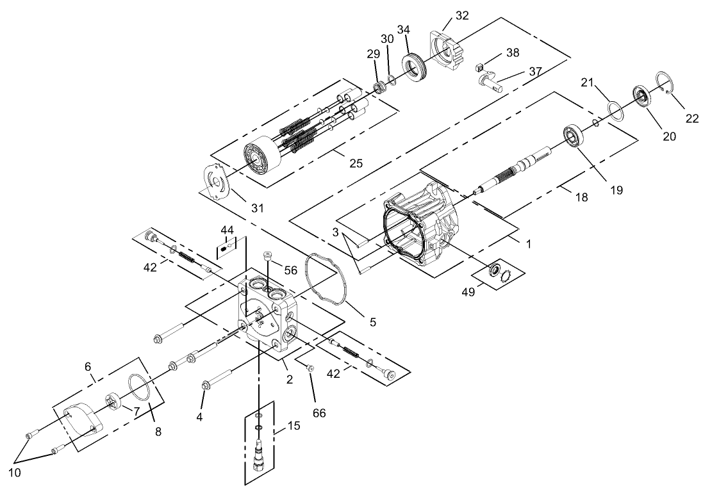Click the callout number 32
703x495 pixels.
click(x=462, y=15)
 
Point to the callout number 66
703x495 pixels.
click(x=319, y=413)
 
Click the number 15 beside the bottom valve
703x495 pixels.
click(x=294, y=425)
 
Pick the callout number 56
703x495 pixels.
click(x=290, y=270)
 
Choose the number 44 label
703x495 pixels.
click(x=227, y=229)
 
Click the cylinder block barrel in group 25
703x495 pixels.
click(x=260, y=158)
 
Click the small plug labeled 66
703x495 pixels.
click(x=309, y=368)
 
